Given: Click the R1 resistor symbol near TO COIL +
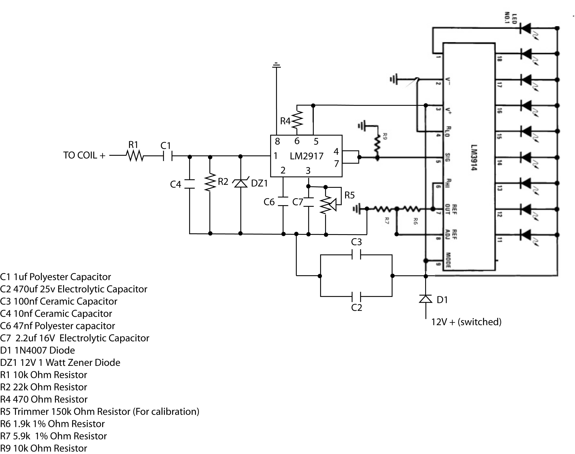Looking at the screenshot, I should click(135, 156).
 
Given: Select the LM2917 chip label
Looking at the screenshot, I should click(307, 156).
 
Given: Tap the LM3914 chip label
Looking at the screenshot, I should click(474, 157).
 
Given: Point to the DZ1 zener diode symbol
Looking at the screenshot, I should click(241, 183).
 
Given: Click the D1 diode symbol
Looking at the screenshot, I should click(425, 299).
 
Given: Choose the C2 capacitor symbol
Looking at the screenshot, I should click(356, 296).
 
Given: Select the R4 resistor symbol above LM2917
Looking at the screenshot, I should click(297, 120).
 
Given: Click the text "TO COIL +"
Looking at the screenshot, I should click(84, 156).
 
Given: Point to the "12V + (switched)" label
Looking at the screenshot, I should click(466, 322).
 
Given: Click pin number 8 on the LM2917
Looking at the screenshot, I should click(277, 141).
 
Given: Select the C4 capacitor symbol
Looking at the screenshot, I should click(189, 184).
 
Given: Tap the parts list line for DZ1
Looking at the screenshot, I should click(60, 363).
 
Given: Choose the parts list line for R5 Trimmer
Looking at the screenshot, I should click(100, 412).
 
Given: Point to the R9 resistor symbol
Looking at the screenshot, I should click(377, 144).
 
